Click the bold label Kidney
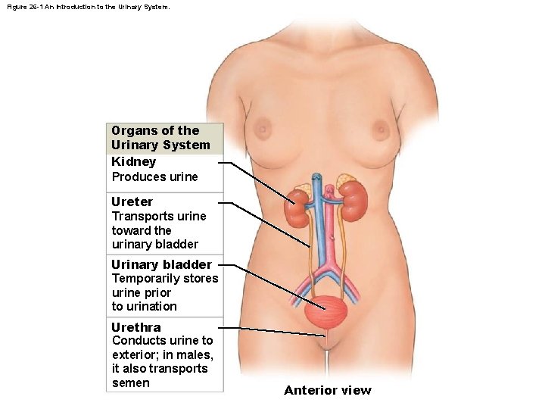pyautogui.click(x=134, y=161)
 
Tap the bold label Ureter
pyautogui.click(x=132, y=201)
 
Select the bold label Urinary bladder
pyautogui.click(x=161, y=264)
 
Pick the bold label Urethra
pyautogui.click(x=136, y=327)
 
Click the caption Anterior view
pyautogui.click(x=328, y=390)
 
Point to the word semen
pyautogui.click(x=131, y=382)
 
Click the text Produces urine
pyautogui.click(x=154, y=176)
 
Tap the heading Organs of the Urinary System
pyautogui.click(x=160, y=137)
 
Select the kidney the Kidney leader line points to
pyautogui.click(x=298, y=208)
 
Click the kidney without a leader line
pyautogui.click(x=353, y=202)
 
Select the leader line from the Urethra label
pyautogui.click(x=276, y=331)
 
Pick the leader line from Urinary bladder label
pyautogui.click(x=276, y=285)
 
